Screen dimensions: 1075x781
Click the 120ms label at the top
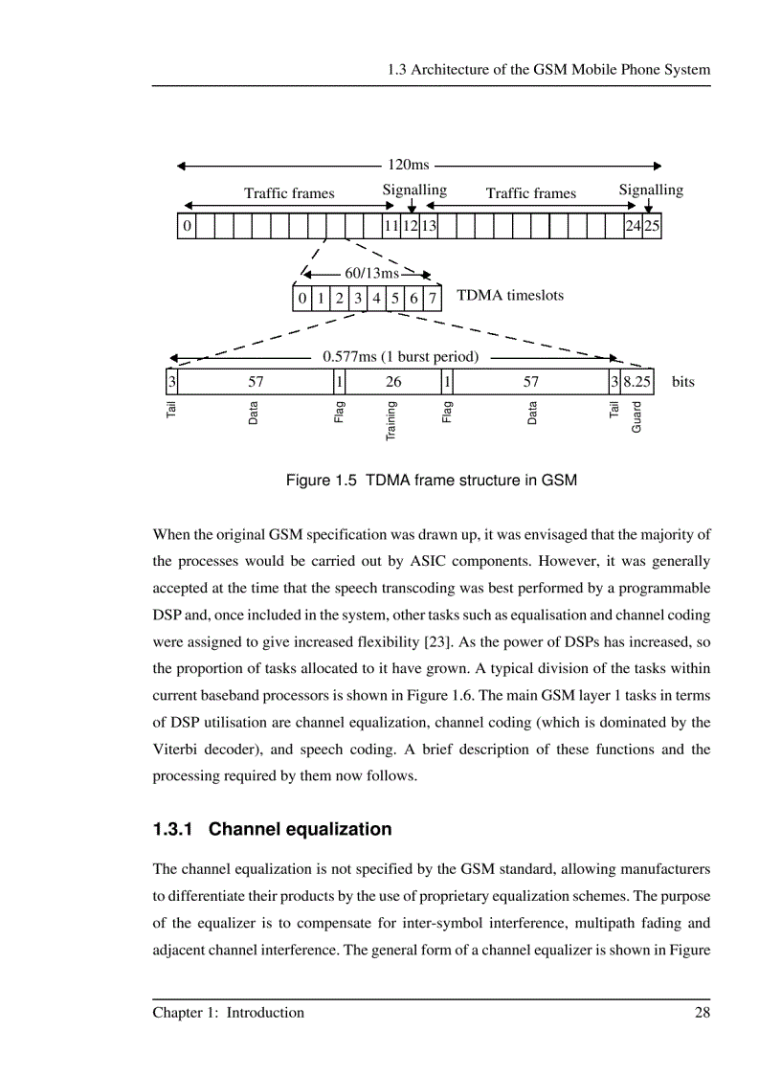point(408,166)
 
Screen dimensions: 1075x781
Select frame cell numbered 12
point(410,227)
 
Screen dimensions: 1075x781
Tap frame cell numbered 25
point(652,227)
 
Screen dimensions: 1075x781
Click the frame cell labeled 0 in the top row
point(187,227)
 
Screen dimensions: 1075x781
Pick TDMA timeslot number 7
point(433,299)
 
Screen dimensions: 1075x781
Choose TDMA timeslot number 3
point(357,299)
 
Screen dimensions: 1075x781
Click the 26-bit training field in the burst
point(393,382)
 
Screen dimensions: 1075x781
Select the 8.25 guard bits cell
point(637,382)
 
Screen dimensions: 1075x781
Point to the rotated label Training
point(391,422)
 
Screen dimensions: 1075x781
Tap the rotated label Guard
point(637,416)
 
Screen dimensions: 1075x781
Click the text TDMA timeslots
point(510,296)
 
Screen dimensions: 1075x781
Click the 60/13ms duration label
point(371,274)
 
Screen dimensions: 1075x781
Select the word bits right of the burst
point(683,382)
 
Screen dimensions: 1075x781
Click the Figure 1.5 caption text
point(432,480)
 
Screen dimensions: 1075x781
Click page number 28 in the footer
point(702,1013)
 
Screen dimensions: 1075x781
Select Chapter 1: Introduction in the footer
point(228,1013)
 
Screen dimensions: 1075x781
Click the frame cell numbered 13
point(429,227)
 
